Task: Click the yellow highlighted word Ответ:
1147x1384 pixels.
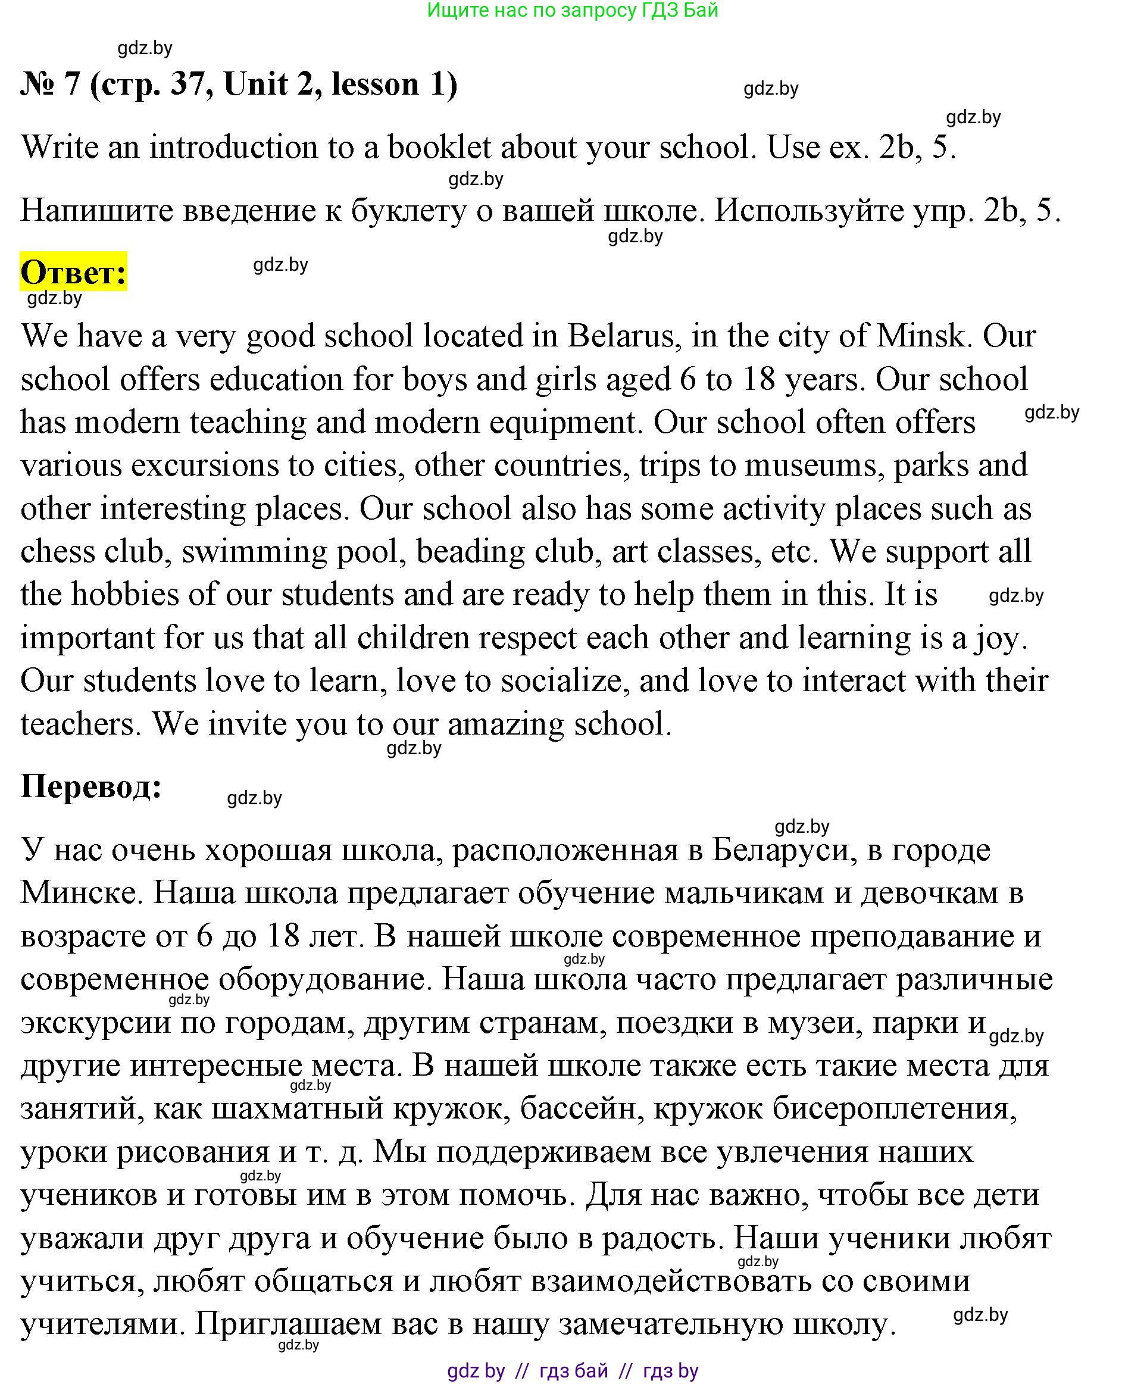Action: pyautogui.click(x=73, y=271)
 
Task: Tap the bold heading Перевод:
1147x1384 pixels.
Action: pyautogui.click(x=91, y=786)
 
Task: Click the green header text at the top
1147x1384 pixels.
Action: pyautogui.click(x=572, y=11)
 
